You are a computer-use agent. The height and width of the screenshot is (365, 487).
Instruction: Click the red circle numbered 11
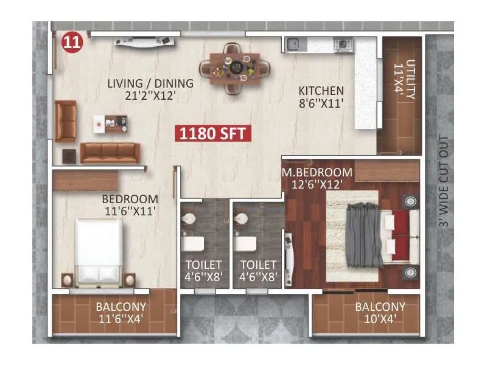point(72,43)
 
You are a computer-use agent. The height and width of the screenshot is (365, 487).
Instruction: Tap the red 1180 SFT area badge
point(214,133)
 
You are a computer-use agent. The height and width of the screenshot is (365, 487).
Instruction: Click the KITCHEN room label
point(321,91)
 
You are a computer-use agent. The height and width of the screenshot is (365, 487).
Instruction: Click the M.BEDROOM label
point(317,172)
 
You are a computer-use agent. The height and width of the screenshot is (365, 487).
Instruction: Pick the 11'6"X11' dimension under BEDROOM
point(130,211)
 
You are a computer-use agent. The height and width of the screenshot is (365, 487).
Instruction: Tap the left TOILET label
point(204,265)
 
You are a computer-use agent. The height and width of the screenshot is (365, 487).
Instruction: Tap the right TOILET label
point(258,265)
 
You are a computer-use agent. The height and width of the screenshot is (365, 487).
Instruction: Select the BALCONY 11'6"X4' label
point(121,312)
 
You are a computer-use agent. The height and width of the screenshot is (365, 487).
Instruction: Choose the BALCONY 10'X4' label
point(380,312)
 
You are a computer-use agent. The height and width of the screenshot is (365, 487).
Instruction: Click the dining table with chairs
point(234,68)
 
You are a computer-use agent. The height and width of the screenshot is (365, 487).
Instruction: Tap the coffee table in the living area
point(111,123)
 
